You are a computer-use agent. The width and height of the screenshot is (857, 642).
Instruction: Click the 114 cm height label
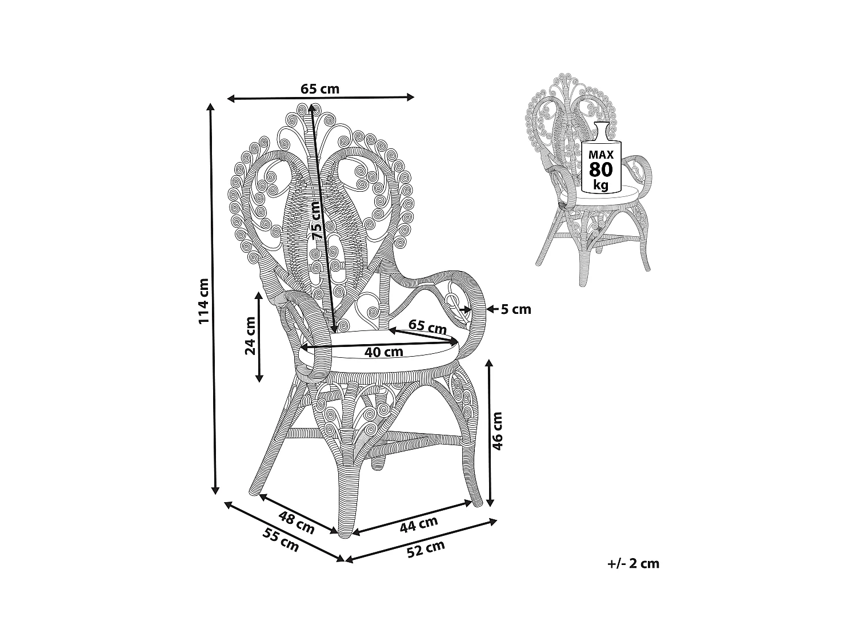(x=204, y=301)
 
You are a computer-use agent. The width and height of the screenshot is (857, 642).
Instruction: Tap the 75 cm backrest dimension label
(x=317, y=221)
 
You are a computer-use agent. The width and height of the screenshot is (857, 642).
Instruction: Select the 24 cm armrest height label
(x=250, y=336)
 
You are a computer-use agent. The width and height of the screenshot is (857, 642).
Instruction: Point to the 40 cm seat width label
(x=383, y=352)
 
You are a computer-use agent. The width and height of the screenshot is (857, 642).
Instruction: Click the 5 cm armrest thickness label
(x=516, y=309)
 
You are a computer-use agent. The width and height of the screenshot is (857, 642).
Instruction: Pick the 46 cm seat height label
(x=497, y=431)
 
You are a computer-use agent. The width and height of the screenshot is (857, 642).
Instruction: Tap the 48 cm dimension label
(x=297, y=522)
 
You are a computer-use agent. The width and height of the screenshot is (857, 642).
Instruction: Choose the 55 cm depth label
(x=281, y=540)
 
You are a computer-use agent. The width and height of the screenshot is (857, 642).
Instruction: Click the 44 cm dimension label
(x=419, y=524)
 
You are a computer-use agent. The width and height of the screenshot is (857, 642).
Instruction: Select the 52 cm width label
(x=426, y=549)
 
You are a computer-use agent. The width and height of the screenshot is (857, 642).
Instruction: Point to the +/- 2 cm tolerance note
(x=633, y=563)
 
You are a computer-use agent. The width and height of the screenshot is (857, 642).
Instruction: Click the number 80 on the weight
(x=601, y=169)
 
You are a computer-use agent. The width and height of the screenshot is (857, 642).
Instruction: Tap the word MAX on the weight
(x=601, y=154)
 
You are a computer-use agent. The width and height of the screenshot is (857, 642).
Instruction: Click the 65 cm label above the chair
(x=320, y=89)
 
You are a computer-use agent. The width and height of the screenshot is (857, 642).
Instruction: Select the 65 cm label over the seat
(x=427, y=326)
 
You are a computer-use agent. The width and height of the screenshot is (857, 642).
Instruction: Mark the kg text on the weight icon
(x=601, y=184)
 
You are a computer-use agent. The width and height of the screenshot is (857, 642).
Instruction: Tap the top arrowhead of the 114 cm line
(x=211, y=107)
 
